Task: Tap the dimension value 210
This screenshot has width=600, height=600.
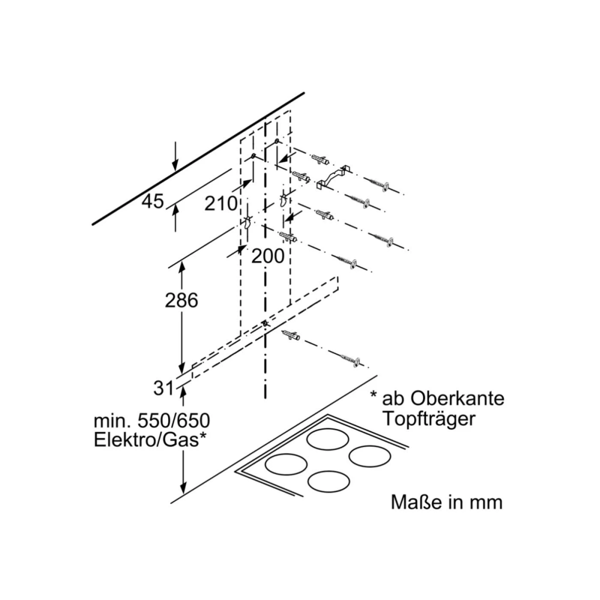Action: [221, 204]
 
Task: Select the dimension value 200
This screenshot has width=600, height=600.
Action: [268, 256]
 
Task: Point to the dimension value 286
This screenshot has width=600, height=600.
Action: [181, 300]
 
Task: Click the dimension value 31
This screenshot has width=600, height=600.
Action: [163, 388]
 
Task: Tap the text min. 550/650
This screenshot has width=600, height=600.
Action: [152, 421]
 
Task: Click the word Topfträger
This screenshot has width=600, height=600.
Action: [429, 419]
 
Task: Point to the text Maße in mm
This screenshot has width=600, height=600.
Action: [446, 502]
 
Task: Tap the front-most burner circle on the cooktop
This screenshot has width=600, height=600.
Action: [329, 490]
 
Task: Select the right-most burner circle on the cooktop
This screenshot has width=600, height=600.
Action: [369, 457]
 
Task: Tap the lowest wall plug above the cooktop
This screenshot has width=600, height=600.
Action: [291, 336]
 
